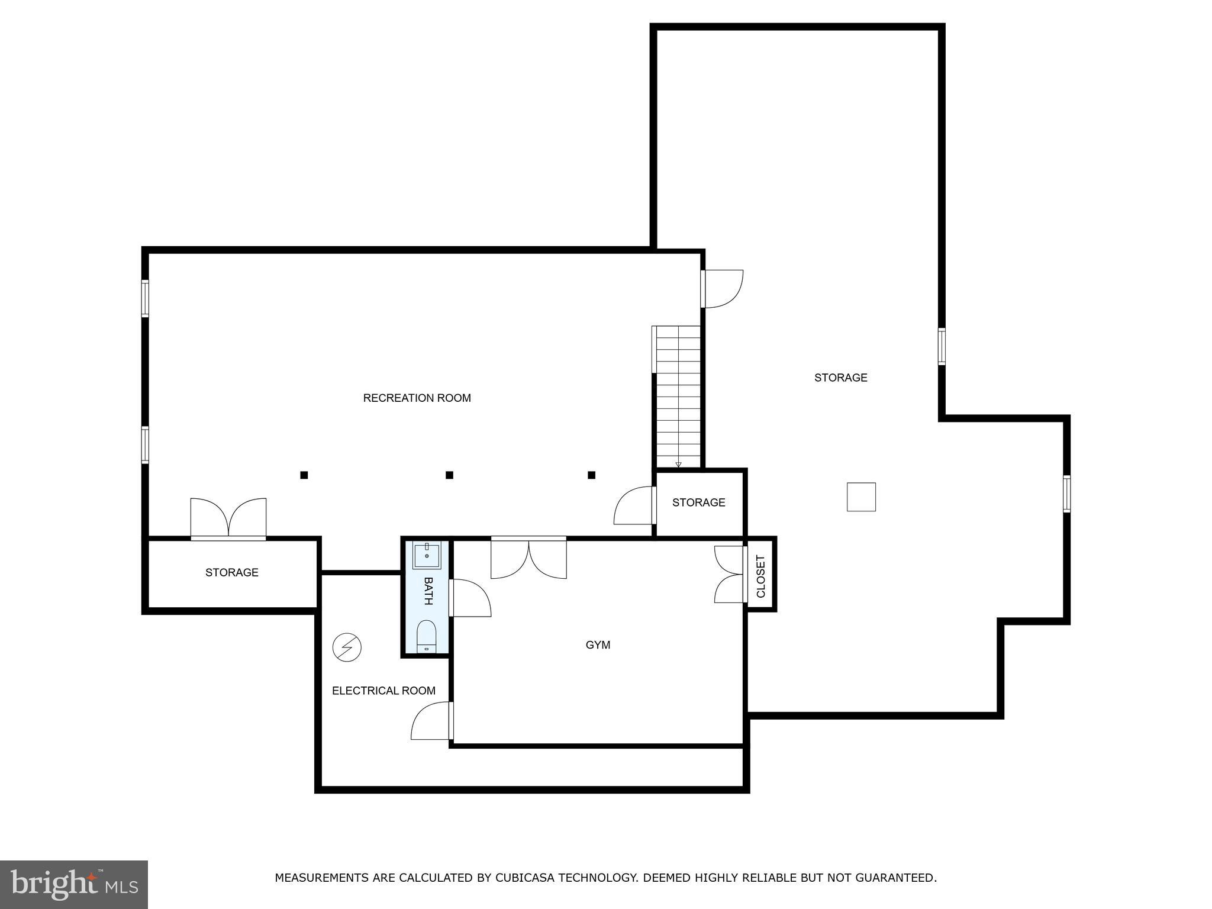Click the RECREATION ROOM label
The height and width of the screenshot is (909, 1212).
pos(417,398)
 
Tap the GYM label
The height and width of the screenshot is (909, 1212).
pos(598,644)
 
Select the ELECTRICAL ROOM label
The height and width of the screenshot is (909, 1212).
pos(383,691)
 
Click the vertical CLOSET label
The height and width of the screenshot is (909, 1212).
pos(760,576)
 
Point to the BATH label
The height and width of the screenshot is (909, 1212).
pos(428,591)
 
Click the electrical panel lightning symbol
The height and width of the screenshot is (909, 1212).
pos(347,647)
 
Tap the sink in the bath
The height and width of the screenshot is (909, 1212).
pos(427,555)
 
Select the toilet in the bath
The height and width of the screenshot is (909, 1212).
pos(427,637)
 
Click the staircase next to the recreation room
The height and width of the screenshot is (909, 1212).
pos(678,397)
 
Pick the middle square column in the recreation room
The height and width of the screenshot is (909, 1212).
pos(449,475)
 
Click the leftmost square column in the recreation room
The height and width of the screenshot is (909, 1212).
pos(304,475)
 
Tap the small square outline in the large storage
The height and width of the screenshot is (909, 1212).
pos(861,497)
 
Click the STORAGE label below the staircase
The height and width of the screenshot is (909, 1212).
pos(698,502)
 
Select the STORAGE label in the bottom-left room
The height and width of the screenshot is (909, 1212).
pos(231,572)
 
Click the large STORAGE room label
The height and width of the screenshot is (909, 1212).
pos(840,378)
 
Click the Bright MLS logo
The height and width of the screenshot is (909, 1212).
pos(74,884)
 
